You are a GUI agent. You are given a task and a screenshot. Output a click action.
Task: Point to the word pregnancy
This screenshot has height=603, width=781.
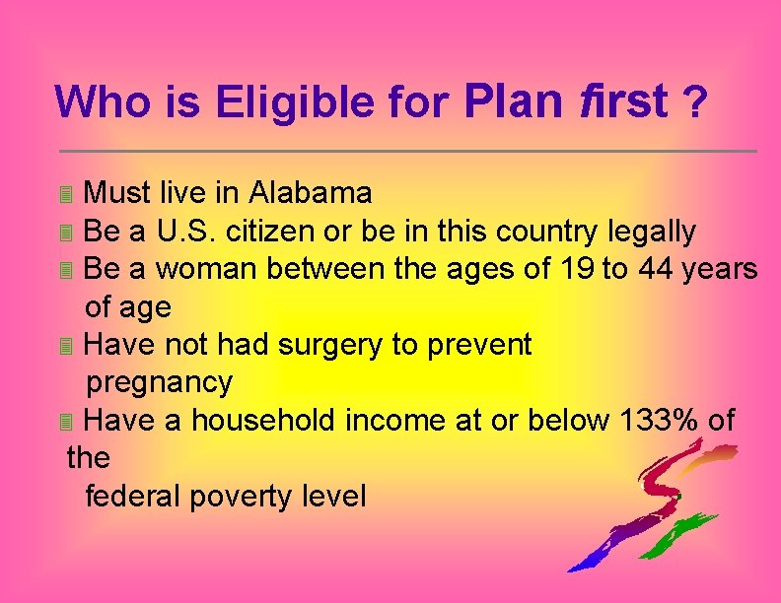click(x=160, y=382)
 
